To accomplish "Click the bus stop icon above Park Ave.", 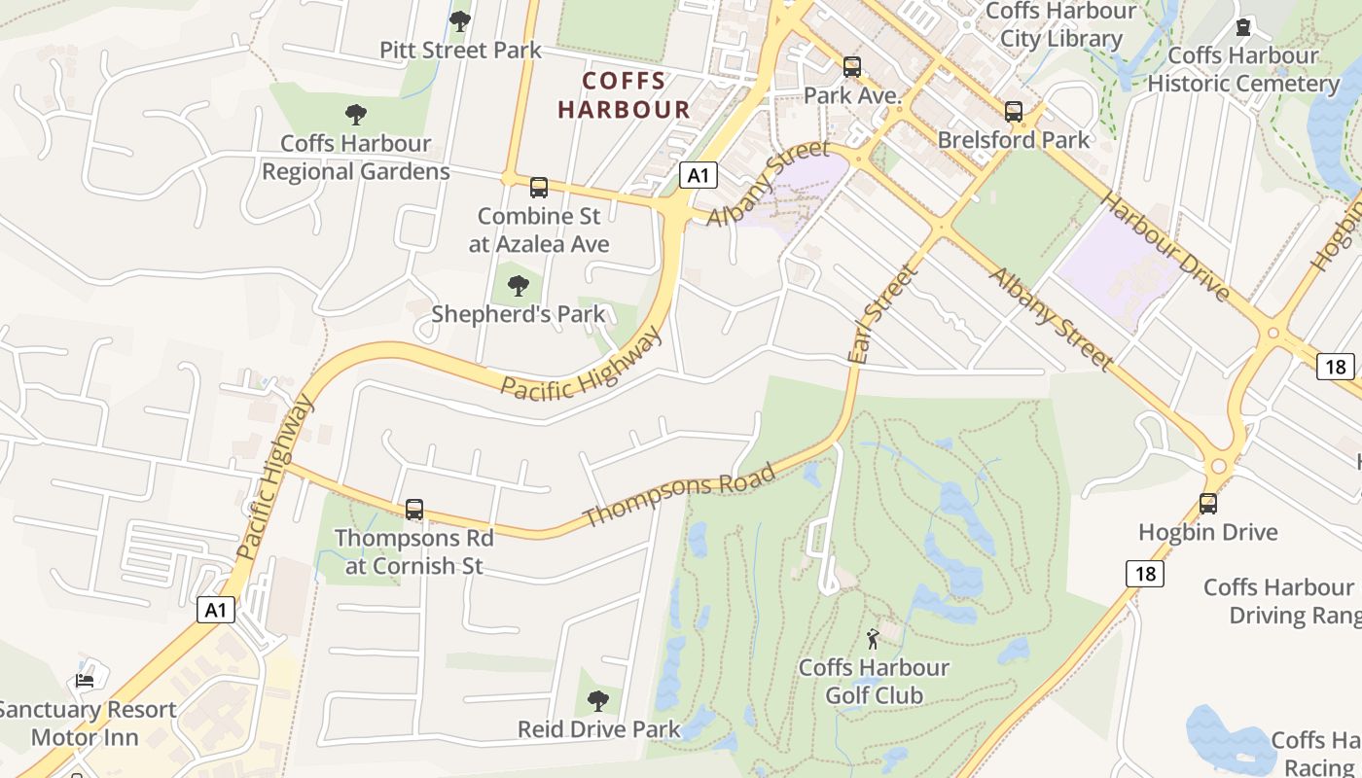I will (x=852, y=67).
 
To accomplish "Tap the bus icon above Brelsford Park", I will (x=1014, y=111).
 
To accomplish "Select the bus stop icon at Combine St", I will (x=538, y=187).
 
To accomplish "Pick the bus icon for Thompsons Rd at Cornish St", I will (x=414, y=509).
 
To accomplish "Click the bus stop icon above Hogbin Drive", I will (x=1208, y=503).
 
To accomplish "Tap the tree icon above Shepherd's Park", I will (x=519, y=285).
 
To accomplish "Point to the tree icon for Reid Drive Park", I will (x=598, y=700).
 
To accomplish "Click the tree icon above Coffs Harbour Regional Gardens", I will (x=356, y=114).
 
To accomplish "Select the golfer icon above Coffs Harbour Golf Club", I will (x=873, y=639).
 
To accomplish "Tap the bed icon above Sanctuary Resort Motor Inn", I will (x=86, y=680).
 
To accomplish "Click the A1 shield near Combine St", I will (x=698, y=176).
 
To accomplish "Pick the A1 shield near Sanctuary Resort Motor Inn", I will (x=216, y=610).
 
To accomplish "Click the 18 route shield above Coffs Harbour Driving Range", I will (x=1145, y=574).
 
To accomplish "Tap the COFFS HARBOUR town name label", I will (x=624, y=94).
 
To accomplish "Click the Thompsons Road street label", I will (x=680, y=495).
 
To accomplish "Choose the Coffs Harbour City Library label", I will (x=1060, y=25).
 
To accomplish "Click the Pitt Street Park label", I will (x=460, y=50).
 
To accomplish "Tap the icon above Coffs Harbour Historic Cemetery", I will (x=1243, y=27).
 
